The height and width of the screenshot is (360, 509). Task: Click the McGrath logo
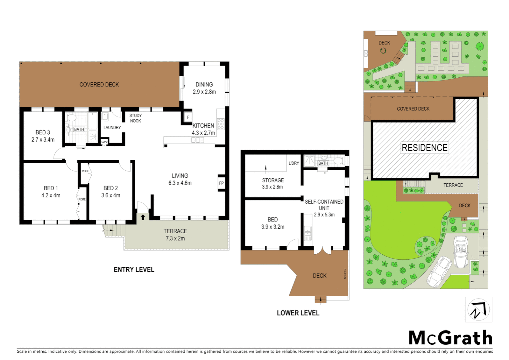[x=450, y=338]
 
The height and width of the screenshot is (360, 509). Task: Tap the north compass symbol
[x=478, y=310]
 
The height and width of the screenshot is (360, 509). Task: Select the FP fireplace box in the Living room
[x=221, y=183]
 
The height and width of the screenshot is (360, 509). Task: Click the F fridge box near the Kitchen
[x=188, y=117]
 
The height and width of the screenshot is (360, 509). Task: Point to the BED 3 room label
[x=43, y=132]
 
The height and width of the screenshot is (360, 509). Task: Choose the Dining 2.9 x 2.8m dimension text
[x=204, y=92]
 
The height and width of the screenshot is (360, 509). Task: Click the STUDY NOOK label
[x=136, y=118]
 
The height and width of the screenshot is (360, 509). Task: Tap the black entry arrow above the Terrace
[x=143, y=217]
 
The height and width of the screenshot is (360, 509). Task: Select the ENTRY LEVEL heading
[x=134, y=270]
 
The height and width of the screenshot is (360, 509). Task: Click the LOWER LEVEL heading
[x=298, y=313]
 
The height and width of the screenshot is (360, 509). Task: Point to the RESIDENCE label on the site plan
[x=424, y=148]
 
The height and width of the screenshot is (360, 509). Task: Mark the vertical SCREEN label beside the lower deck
[x=345, y=274]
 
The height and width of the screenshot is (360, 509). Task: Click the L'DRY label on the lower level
[x=294, y=163]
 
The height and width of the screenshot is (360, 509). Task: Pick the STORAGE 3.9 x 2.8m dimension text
[x=272, y=187]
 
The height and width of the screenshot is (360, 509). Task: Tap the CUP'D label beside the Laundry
[x=104, y=142]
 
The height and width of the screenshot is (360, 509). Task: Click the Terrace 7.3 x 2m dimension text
[x=175, y=238]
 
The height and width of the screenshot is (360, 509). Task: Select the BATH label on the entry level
[x=79, y=129]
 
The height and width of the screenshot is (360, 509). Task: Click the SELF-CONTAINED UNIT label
[x=324, y=205]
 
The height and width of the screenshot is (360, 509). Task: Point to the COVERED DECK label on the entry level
[x=99, y=85]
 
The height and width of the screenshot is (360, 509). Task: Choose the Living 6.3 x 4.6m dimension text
[x=180, y=183]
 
